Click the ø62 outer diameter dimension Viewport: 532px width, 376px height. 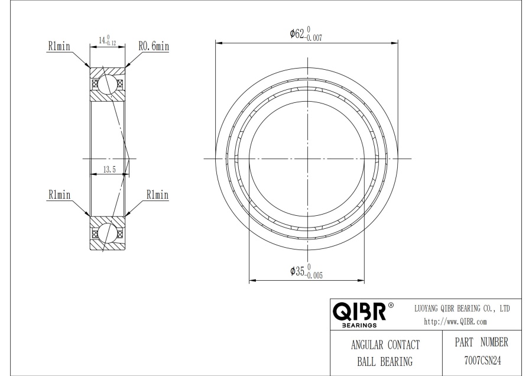(x=306, y=34)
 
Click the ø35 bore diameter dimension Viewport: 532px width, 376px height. (x=306, y=271)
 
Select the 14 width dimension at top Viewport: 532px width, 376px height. (x=108, y=40)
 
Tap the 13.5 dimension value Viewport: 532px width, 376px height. (x=109, y=169)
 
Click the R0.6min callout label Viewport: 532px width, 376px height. (x=154, y=46)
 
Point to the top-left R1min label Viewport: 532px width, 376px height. (x=59, y=46)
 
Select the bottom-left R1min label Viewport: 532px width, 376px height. (x=59, y=195)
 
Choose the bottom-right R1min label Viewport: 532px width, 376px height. (x=157, y=195)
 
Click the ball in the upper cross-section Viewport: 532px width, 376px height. (x=108, y=84)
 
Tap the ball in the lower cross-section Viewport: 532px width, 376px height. (x=108, y=234)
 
